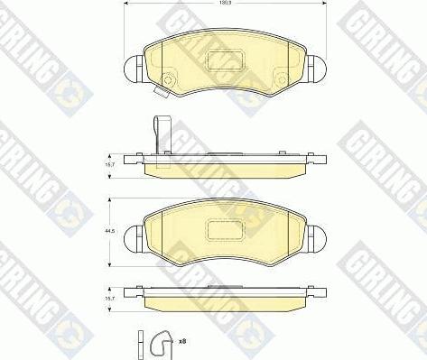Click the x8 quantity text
point(181,341)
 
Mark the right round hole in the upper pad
point(282,76)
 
